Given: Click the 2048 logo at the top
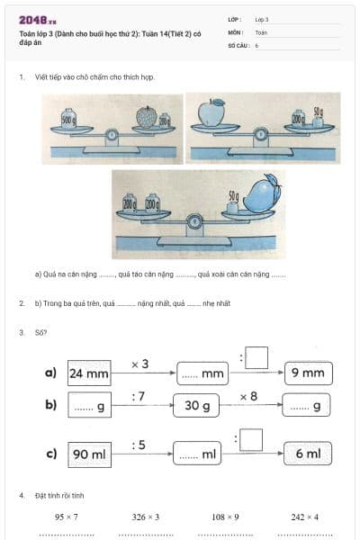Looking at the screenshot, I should pos(37,19).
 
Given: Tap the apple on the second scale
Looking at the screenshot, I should pos(209,113).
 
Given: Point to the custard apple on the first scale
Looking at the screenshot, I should pos(146,117).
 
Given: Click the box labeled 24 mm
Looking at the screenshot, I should pos(89,373).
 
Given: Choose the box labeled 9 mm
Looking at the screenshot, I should pos(308,373).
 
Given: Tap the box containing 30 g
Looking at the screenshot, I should pos(197,406).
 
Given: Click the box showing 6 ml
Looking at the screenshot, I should pos(308,454).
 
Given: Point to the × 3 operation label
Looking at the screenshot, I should pos(140,364).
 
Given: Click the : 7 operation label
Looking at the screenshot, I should pos(139,396).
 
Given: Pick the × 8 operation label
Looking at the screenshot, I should pos(249,396).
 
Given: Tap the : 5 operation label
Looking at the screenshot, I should pos(139,444).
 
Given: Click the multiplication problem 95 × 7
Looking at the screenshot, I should pos(67,517).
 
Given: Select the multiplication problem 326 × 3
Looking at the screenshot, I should pos(145,517).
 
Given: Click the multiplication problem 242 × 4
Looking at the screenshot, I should pos(305,517).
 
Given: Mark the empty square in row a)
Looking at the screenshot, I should pos(256,357).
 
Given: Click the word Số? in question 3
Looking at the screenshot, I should pos(40,332).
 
